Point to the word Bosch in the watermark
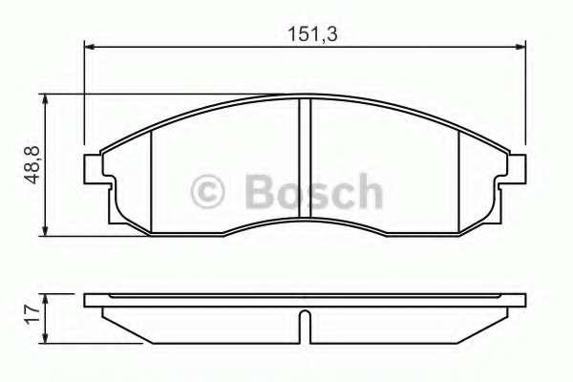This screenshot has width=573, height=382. pyautogui.click(x=312, y=192)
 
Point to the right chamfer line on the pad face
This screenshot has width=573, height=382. pyautogui.click(x=459, y=179)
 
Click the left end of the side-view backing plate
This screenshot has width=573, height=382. pyautogui.click(x=89, y=300)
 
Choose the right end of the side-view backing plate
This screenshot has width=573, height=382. pyautogui.click(x=522, y=300)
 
